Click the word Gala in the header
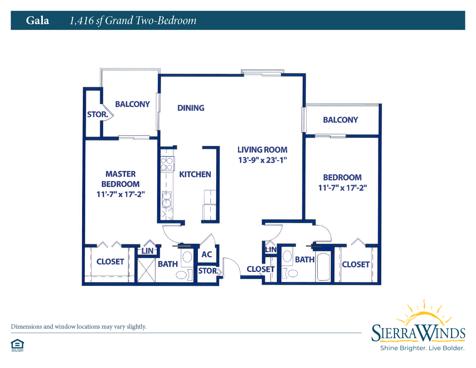point(37,21)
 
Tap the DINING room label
point(191,108)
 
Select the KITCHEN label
point(195,174)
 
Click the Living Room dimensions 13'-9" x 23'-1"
point(263,160)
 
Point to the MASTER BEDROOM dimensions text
point(121,194)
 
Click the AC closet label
point(207,254)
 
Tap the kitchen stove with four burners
point(167,164)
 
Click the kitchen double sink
point(167,199)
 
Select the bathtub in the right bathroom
point(323,267)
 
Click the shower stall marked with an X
point(146,270)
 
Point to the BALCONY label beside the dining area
point(132,104)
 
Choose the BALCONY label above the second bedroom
point(340,119)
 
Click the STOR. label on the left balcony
point(98,114)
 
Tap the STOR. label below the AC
point(208,271)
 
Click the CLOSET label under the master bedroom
point(110,262)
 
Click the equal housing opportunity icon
point(17,345)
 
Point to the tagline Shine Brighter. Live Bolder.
point(422,348)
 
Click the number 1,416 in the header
point(81,21)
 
